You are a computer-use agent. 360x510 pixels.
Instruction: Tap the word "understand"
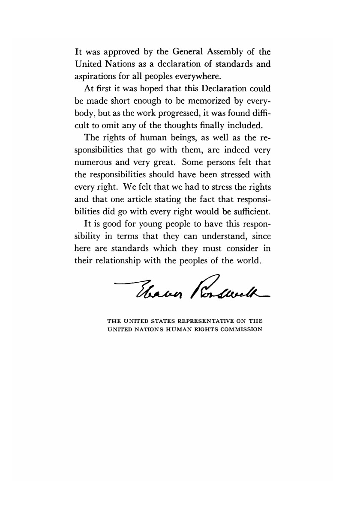tap(223, 236)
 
